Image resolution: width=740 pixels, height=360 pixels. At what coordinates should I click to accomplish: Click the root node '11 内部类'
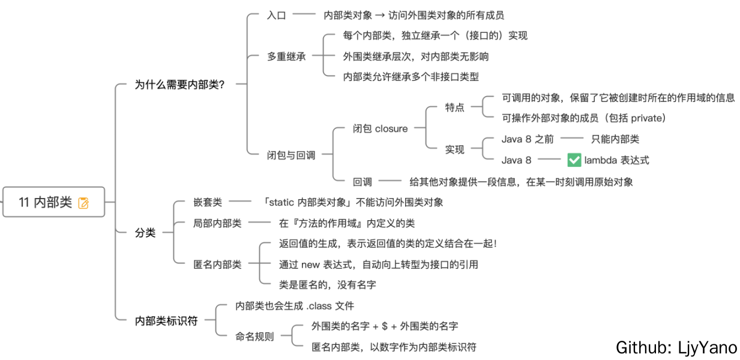pos(46,202)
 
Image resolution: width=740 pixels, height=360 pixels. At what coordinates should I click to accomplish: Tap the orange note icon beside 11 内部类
pos(83,203)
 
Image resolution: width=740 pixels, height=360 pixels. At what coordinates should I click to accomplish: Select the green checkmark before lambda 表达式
pos(574,160)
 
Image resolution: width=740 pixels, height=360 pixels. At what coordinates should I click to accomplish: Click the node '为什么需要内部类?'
pos(179,85)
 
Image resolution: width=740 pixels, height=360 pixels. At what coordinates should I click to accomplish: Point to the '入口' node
pos(277,15)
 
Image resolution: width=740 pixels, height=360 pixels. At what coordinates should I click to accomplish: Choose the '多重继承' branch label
pos(286,57)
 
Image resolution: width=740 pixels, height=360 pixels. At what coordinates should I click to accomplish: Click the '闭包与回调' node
pos(291,155)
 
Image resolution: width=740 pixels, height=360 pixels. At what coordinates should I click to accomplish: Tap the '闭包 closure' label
pos(380,128)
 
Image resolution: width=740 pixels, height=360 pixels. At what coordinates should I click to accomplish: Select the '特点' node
pos(454,107)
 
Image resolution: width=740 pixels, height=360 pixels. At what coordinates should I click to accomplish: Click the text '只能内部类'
pos(615,139)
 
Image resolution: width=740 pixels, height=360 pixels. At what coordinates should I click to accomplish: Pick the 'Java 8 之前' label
pos(528,139)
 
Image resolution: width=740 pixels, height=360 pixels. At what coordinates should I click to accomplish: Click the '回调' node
pos(362,181)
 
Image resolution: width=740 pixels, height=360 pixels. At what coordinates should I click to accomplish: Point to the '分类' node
pos(145,233)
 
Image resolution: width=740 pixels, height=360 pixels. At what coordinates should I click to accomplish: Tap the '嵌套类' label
pos(208,202)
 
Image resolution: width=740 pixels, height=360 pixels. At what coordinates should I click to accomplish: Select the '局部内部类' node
pos(217,223)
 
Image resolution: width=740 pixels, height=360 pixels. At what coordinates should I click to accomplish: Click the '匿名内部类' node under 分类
pos(217,264)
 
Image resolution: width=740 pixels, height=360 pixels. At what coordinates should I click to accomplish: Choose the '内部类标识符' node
pos(166,321)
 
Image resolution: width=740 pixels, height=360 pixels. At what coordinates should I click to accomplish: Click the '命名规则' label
pos(254,337)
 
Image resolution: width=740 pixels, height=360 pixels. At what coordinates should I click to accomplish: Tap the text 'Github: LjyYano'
pos(676,347)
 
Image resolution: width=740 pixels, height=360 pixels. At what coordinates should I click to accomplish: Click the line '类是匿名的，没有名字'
pos(327,284)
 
